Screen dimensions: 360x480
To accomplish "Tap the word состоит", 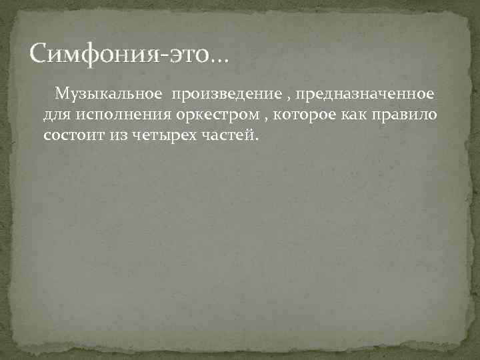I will click(72, 135).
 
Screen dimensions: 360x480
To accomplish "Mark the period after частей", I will click(253, 139).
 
